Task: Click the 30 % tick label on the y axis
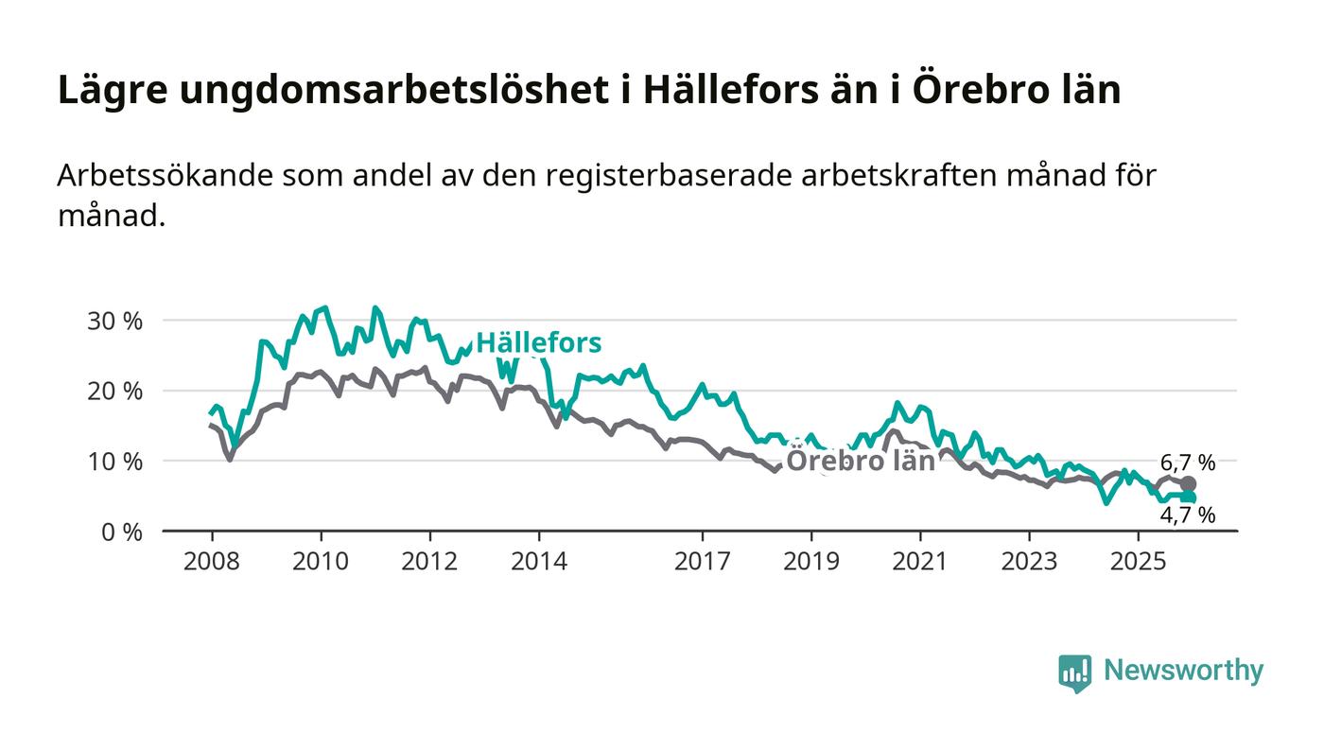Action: coord(115,321)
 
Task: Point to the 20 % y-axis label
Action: coord(115,391)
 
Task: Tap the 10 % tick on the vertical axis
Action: coord(115,462)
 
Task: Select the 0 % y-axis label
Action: coord(121,532)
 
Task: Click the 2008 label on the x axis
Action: coord(211,562)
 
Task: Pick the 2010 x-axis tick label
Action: coord(321,562)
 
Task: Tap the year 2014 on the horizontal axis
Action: coord(539,562)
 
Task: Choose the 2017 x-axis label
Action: coord(702,562)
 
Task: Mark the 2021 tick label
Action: coord(920,562)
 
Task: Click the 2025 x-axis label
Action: coord(1139,562)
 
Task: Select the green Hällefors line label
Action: coord(538,342)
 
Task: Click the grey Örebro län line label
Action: coord(861,461)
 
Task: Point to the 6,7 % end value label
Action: coord(1188,463)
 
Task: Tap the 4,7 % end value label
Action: coord(1188,515)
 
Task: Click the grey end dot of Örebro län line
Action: coord(1189,484)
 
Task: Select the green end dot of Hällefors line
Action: coord(1189,498)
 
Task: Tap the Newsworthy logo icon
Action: coord(1074,672)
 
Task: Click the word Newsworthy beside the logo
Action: coord(1183,671)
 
